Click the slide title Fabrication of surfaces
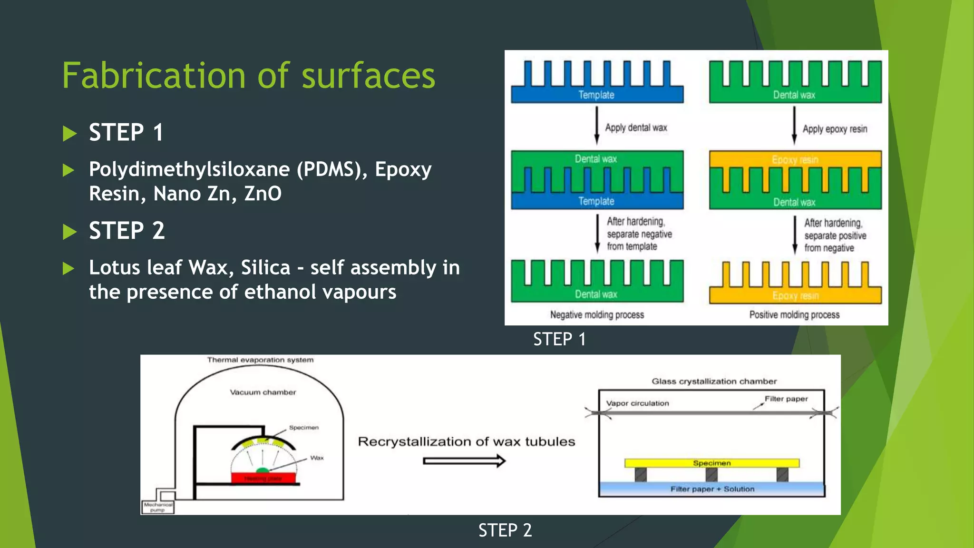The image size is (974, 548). (x=248, y=76)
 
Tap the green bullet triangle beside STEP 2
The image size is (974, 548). (x=69, y=232)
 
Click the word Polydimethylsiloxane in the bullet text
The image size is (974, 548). (x=189, y=169)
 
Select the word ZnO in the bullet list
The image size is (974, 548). (x=263, y=194)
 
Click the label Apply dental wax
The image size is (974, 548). (x=636, y=127)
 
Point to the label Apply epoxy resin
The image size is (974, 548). (x=835, y=129)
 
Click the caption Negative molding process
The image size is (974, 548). (x=597, y=314)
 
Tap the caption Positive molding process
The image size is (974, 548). (x=794, y=314)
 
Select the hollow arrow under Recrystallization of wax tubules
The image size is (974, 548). (x=464, y=460)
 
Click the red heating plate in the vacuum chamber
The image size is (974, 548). (x=263, y=478)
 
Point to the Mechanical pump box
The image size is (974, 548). (x=158, y=507)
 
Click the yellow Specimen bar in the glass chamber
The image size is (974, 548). (x=711, y=463)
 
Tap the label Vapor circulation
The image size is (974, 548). (x=637, y=403)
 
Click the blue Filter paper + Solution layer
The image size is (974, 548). (x=712, y=489)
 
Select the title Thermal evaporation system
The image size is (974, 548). (x=260, y=360)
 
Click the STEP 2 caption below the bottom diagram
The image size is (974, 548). (x=505, y=530)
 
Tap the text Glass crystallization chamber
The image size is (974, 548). (x=714, y=381)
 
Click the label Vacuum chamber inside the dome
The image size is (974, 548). (x=263, y=392)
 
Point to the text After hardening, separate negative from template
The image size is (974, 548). (x=639, y=234)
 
